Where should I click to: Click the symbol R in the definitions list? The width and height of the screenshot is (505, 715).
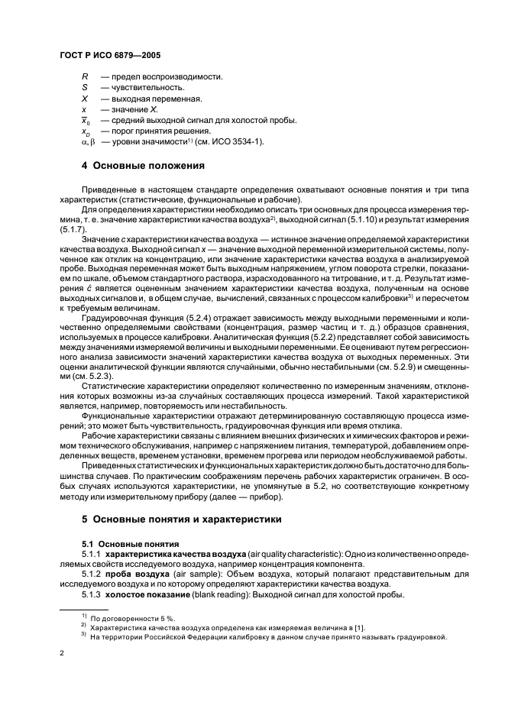click(84, 77)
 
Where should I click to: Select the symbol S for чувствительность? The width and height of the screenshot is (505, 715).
click(84, 88)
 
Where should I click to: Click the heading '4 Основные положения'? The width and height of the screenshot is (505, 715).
click(142, 166)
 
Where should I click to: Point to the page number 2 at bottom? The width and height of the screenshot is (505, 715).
click(62, 653)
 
